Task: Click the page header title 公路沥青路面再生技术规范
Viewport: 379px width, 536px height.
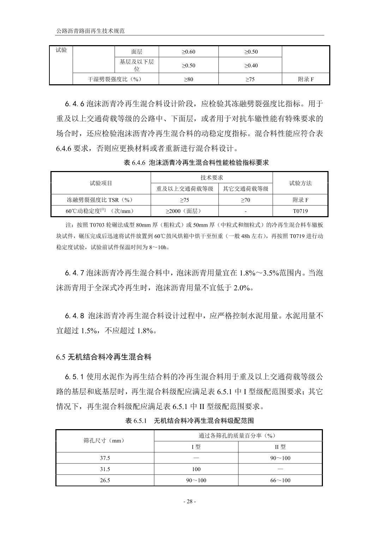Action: tap(91, 31)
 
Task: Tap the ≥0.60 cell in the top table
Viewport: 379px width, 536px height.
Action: tap(188, 52)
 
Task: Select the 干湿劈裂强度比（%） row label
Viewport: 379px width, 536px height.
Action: tap(115, 79)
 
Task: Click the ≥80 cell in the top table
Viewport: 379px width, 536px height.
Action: tap(188, 79)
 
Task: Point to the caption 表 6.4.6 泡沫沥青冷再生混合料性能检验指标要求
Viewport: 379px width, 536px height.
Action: tap(197, 163)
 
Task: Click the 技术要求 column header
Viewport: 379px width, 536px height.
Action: tap(212, 178)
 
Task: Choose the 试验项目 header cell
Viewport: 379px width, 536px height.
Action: tap(101, 183)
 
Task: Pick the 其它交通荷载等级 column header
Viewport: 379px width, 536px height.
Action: tap(246, 189)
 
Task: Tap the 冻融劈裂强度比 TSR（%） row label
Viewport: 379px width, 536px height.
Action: tap(100, 200)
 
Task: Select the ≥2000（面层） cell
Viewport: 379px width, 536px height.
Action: tap(185, 211)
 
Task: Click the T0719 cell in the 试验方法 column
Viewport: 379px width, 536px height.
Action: tap(300, 211)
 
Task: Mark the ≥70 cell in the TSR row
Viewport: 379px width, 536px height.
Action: tap(246, 200)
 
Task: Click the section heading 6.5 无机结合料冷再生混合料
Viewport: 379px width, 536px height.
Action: tap(104, 357)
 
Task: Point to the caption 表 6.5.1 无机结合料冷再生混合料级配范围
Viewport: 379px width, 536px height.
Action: tap(190, 421)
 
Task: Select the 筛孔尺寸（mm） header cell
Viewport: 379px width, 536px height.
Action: tap(104, 441)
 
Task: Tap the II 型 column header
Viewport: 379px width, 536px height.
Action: tap(280, 447)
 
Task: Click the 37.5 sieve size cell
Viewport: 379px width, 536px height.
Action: tap(105, 458)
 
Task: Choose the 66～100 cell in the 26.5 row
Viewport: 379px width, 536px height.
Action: tap(280, 480)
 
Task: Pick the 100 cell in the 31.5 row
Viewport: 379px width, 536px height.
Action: tap(196, 469)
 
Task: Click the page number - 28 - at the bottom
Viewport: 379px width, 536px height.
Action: tap(189, 502)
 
